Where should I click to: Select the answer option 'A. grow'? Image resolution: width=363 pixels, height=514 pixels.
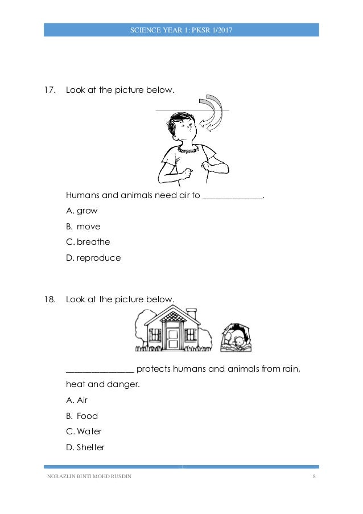(x=82, y=211)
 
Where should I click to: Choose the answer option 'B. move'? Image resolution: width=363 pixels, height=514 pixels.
(x=83, y=227)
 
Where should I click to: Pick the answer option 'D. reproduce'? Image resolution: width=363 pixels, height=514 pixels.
(x=93, y=258)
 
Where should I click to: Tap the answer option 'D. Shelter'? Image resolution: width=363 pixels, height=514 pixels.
(x=85, y=447)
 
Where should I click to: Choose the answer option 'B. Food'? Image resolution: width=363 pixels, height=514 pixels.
(x=82, y=416)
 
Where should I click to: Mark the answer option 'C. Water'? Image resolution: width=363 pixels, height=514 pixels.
(x=84, y=431)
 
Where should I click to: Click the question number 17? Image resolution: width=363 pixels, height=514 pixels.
(x=51, y=90)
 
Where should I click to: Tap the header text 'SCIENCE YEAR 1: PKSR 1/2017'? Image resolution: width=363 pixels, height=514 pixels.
(x=181, y=30)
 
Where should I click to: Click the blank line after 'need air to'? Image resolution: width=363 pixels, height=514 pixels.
(x=233, y=197)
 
